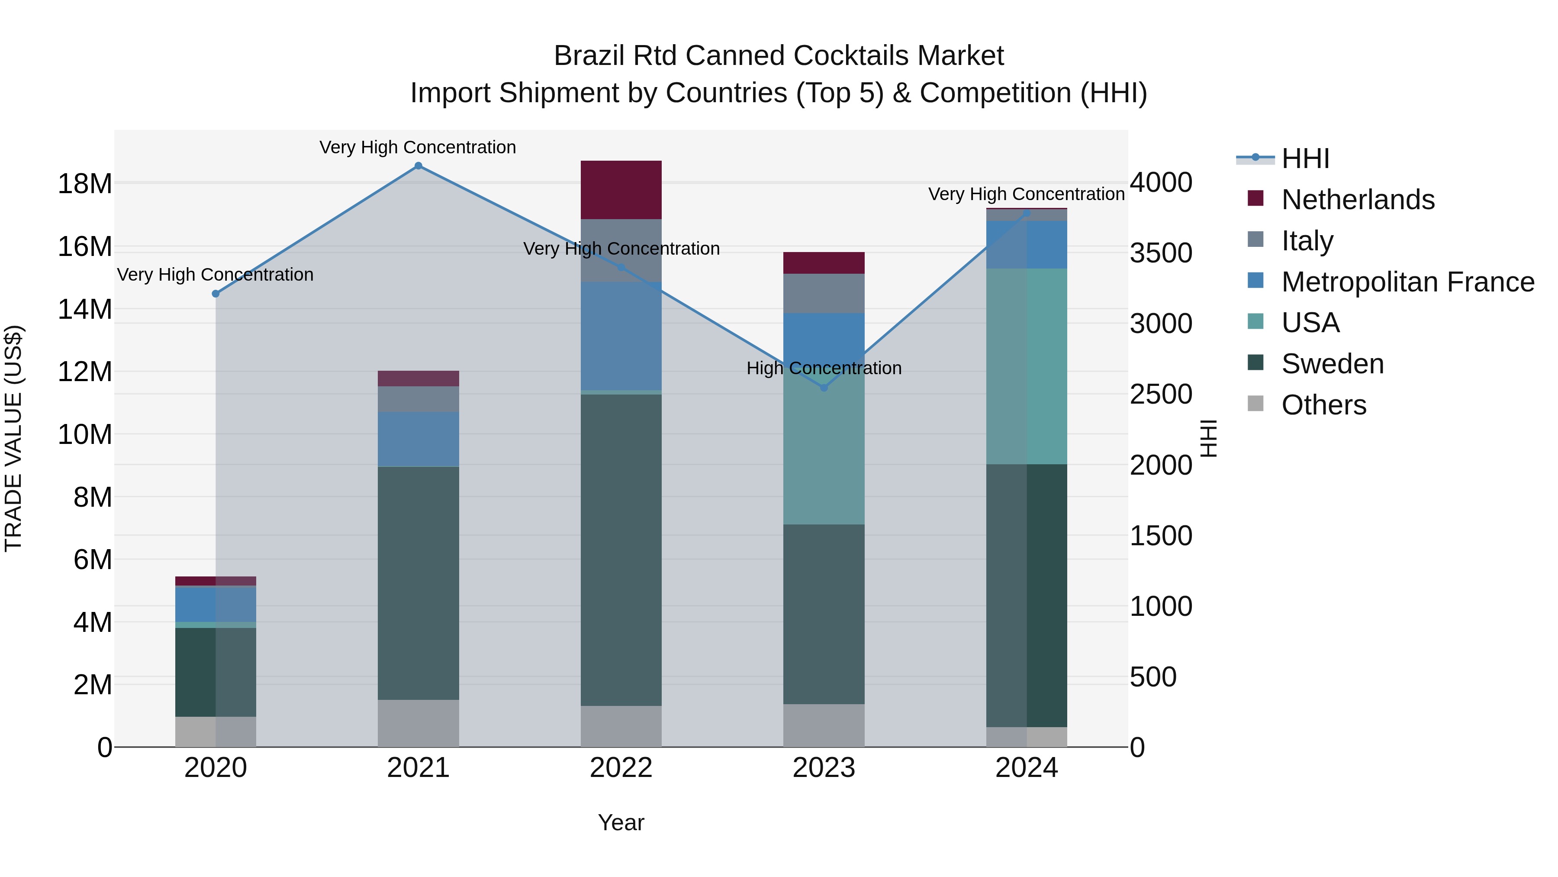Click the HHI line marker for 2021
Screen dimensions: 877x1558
418,166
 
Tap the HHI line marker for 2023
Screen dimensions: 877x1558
824,387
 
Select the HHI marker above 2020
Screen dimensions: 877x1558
216,294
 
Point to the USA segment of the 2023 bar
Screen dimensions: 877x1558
824,448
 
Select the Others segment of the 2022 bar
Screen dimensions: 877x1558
621,726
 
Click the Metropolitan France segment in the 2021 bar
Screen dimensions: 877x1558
418,439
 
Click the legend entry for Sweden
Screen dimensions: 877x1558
1333,364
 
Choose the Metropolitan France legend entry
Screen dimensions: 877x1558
1407,282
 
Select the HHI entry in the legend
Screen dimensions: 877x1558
1305,159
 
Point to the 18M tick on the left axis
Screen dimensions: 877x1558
85,183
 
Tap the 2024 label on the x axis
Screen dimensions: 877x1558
1027,768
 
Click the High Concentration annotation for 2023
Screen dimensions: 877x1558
824,368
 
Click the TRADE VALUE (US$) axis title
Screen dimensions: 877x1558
13,438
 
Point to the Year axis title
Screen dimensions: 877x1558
621,822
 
